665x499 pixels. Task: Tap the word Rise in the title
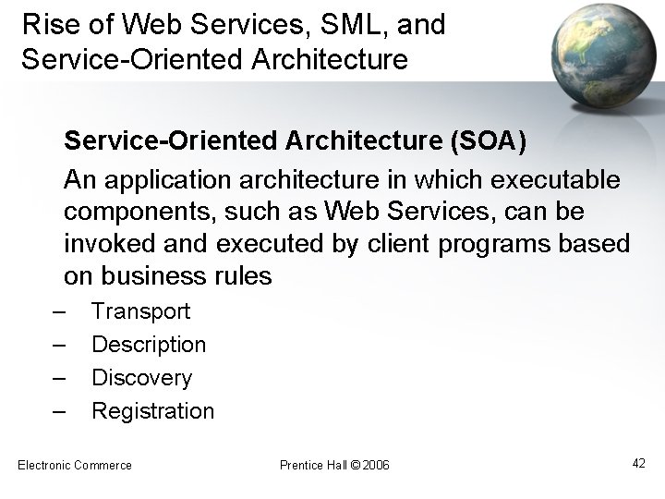(x=46, y=25)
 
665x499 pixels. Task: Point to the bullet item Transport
(x=140, y=311)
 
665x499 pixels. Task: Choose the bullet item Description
(x=149, y=345)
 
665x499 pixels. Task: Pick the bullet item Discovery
(x=141, y=378)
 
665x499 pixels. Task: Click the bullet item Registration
(x=152, y=411)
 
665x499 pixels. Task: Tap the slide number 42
(x=639, y=462)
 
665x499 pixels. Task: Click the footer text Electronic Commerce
(x=75, y=464)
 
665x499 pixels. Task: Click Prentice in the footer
(x=299, y=464)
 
